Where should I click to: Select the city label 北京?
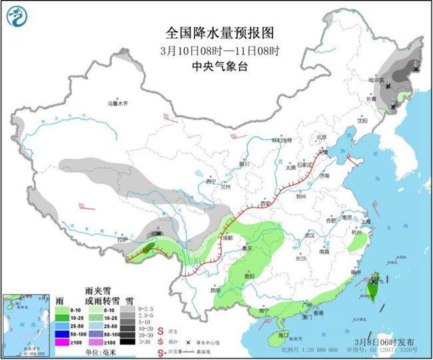(x=322, y=137)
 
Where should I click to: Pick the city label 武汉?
(x=307, y=235)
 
